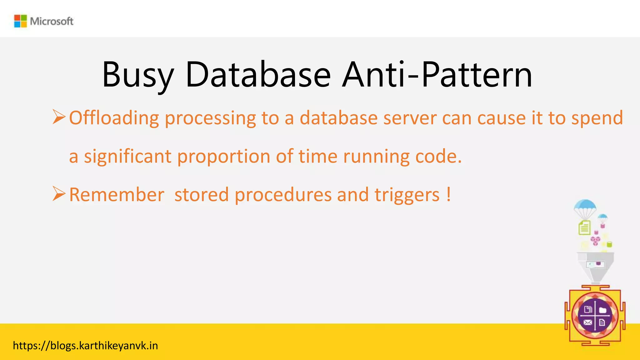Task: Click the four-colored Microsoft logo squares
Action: [x=21, y=21]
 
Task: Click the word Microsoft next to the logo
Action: [x=52, y=21]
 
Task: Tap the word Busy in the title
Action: [x=137, y=75]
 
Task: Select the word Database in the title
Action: [x=258, y=75]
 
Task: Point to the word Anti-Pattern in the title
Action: [x=437, y=75]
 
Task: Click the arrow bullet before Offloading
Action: [x=59, y=117]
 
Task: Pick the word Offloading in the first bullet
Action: [x=114, y=118]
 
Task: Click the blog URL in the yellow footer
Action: [x=85, y=346]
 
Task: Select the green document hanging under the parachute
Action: [x=584, y=227]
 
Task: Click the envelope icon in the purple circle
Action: [x=587, y=322]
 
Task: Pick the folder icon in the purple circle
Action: [x=602, y=310]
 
